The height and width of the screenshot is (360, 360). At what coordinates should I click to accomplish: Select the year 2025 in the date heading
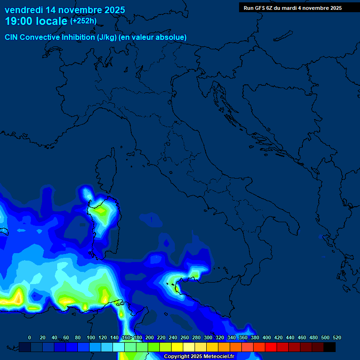pos(112,10)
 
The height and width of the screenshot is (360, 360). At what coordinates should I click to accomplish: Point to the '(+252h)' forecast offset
pos(83,21)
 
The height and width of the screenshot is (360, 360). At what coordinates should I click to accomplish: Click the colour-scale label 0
pos(30,337)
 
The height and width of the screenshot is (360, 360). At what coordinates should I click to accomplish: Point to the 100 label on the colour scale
pos(91,337)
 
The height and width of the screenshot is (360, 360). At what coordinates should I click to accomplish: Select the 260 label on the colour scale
pos(185,337)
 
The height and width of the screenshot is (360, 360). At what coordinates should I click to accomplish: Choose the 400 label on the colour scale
pos(267,337)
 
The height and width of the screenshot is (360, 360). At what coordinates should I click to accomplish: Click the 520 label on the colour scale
pos(337,337)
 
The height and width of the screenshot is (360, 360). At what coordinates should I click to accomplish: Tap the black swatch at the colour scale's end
pos(330,347)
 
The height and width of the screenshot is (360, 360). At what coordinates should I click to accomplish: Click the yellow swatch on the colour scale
pos(177,347)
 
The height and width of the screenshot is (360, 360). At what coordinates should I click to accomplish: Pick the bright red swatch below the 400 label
pos(271,347)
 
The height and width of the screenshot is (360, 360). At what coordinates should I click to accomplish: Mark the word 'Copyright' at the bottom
pos(177,357)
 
